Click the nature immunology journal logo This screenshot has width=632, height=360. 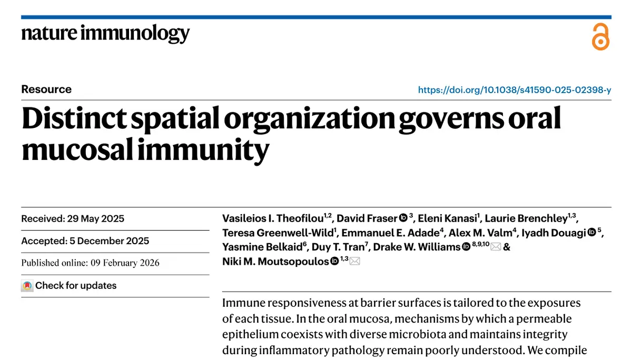pyautogui.click(x=105, y=34)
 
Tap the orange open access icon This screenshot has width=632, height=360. pyautogui.click(x=600, y=37)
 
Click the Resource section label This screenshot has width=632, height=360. pyautogui.click(x=46, y=89)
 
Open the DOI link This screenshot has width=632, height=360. pyautogui.click(x=514, y=90)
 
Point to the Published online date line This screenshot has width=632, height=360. pyautogui.click(x=90, y=263)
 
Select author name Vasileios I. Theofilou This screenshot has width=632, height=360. pyautogui.click(x=274, y=218)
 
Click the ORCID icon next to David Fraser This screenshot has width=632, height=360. pyautogui.click(x=403, y=218)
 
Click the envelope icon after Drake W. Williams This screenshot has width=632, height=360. pyautogui.click(x=496, y=247)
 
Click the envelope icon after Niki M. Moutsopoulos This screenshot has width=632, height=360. pyautogui.click(x=355, y=261)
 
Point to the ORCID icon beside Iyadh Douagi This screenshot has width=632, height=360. pyautogui.click(x=591, y=233)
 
